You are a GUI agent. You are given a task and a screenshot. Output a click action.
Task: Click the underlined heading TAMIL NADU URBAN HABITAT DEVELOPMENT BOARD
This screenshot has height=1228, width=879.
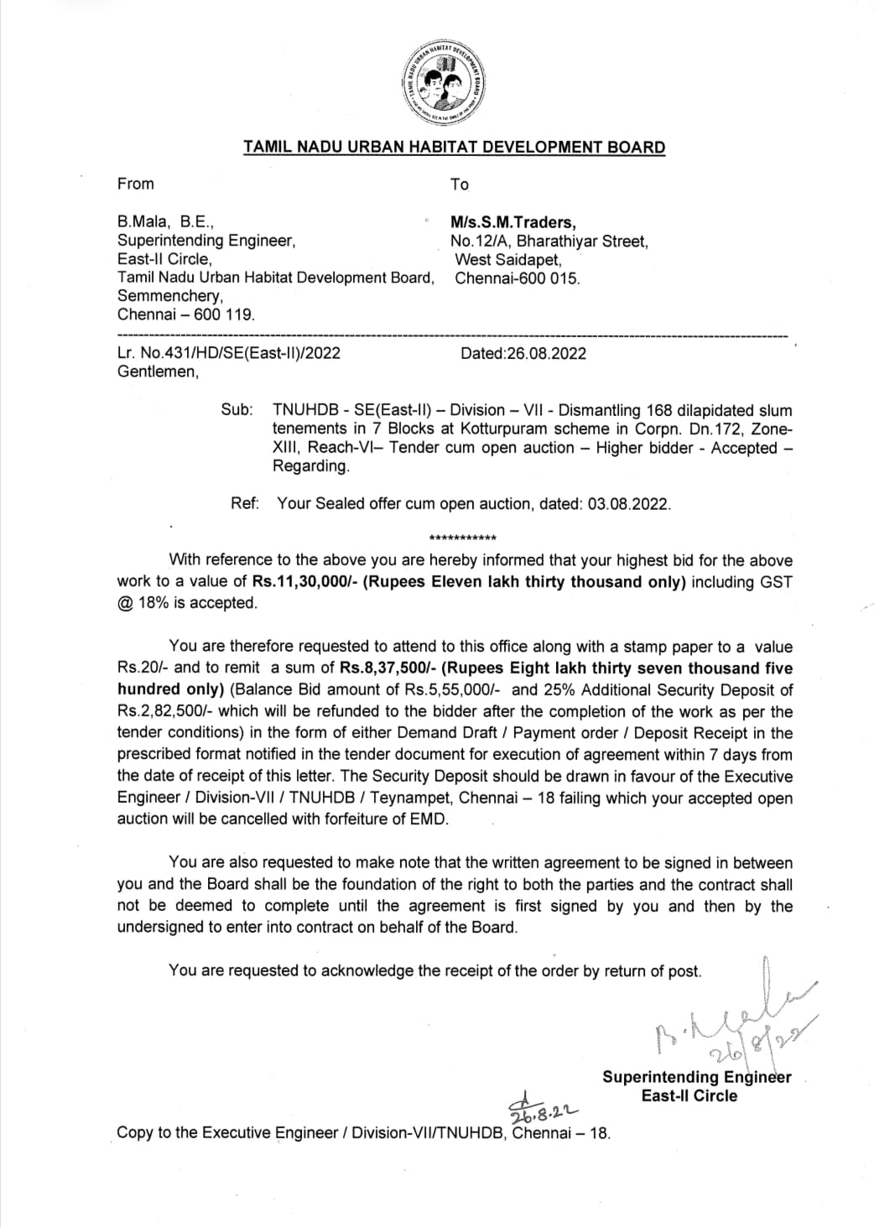pyautogui.click(x=454, y=148)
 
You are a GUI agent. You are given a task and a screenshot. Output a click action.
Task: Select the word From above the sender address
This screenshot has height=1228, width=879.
pyautogui.click(x=136, y=184)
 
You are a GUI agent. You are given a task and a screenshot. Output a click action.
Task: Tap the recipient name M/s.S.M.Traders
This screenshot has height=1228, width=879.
pyautogui.click(x=513, y=222)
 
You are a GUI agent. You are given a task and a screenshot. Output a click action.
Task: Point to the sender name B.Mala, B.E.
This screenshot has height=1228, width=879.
pyautogui.click(x=166, y=222)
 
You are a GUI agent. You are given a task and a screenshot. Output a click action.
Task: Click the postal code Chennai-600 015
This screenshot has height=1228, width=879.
pyautogui.click(x=517, y=278)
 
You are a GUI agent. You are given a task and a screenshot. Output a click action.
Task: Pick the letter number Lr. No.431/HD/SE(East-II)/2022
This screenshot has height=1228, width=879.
pyautogui.click(x=229, y=353)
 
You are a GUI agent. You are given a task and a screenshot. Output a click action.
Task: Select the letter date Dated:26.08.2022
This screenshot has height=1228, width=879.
pyautogui.click(x=523, y=353)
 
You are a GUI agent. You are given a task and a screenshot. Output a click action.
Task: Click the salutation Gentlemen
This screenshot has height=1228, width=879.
pyautogui.click(x=158, y=372)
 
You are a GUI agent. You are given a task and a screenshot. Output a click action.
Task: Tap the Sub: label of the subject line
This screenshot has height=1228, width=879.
pyautogui.click(x=237, y=410)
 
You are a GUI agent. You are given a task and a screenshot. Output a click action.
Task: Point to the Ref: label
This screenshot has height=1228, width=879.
pyautogui.click(x=245, y=503)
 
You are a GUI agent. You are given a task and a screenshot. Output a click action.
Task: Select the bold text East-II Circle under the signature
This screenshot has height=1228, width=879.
pyautogui.click(x=689, y=1095)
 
